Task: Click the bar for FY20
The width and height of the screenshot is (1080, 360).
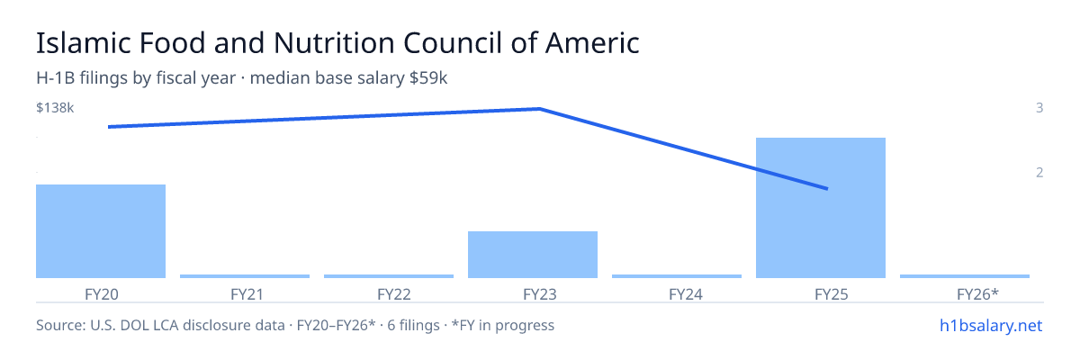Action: click(101, 231)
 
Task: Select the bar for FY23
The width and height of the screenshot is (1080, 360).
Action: click(533, 255)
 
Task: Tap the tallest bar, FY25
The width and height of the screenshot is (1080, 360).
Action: click(821, 208)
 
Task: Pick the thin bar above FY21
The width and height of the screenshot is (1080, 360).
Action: click(245, 276)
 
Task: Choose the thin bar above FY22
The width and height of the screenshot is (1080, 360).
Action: click(389, 276)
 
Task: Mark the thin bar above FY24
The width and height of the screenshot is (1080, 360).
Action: click(677, 276)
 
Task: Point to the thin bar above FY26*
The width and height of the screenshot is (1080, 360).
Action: click(965, 276)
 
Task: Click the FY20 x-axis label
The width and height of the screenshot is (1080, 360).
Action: click(101, 294)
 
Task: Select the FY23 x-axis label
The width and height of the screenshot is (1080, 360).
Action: click(540, 294)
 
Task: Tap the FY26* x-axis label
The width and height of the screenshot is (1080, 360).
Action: click(977, 294)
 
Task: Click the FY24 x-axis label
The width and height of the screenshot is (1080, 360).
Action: click(686, 294)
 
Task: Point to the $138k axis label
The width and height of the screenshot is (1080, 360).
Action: click(55, 108)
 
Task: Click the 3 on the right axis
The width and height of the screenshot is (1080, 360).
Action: click(1039, 108)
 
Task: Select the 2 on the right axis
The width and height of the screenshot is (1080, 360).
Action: click(1039, 173)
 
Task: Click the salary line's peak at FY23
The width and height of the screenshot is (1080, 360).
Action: click(539, 109)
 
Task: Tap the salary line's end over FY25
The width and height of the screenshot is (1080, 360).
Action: click(827, 188)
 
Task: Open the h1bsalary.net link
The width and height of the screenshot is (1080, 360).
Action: click(991, 325)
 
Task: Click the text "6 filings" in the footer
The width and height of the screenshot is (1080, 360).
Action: click(413, 325)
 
